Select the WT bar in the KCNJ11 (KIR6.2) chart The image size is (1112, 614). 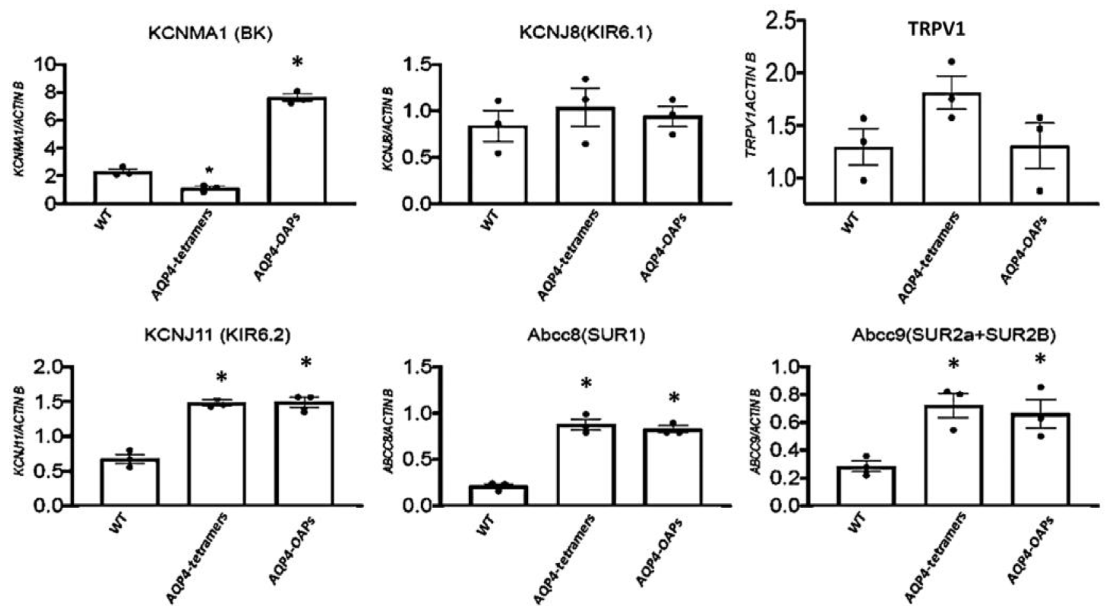[130, 482]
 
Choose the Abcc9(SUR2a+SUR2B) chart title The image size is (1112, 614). [954, 337]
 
